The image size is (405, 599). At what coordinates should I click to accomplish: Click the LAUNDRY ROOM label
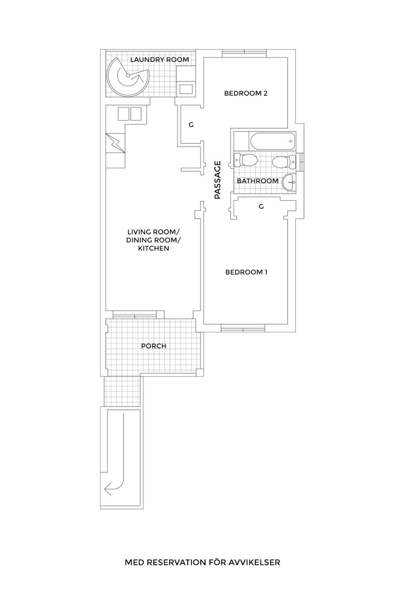[x=159, y=60]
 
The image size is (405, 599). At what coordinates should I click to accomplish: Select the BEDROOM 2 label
[x=246, y=93]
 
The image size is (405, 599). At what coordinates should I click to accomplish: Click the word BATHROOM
[x=258, y=181]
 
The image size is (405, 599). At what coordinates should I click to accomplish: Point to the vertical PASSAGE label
[x=218, y=180]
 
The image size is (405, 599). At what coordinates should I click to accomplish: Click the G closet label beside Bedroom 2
[x=191, y=125]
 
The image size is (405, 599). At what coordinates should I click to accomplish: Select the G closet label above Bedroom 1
[x=261, y=206]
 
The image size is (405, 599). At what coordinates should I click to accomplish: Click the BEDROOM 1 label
[x=246, y=272]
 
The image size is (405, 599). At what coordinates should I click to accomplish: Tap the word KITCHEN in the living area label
[x=153, y=248]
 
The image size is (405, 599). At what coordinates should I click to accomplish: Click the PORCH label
[x=154, y=346]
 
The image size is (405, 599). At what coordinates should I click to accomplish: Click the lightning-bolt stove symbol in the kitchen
[x=115, y=143]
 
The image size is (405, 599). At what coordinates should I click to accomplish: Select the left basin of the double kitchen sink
[x=123, y=114]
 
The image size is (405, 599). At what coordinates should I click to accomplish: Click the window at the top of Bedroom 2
[x=245, y=53]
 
